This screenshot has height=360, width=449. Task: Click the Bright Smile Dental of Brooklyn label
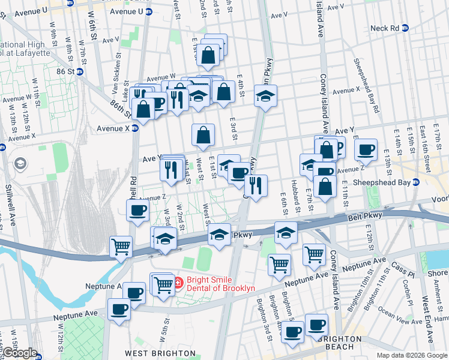[x=220, y=283]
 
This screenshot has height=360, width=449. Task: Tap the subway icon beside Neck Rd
[x=405, y=28]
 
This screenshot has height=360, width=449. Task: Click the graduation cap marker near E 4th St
[x=265, y=96]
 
